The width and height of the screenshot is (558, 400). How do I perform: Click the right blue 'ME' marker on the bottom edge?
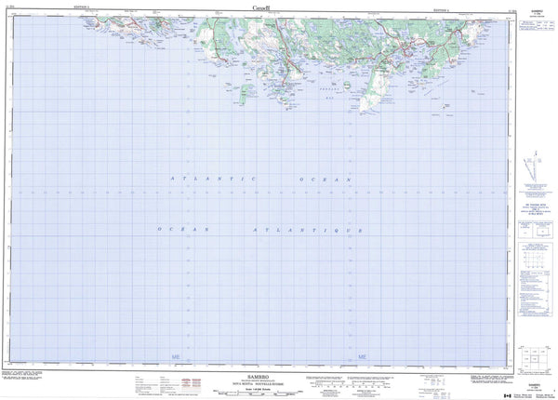tap(363, 356)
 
